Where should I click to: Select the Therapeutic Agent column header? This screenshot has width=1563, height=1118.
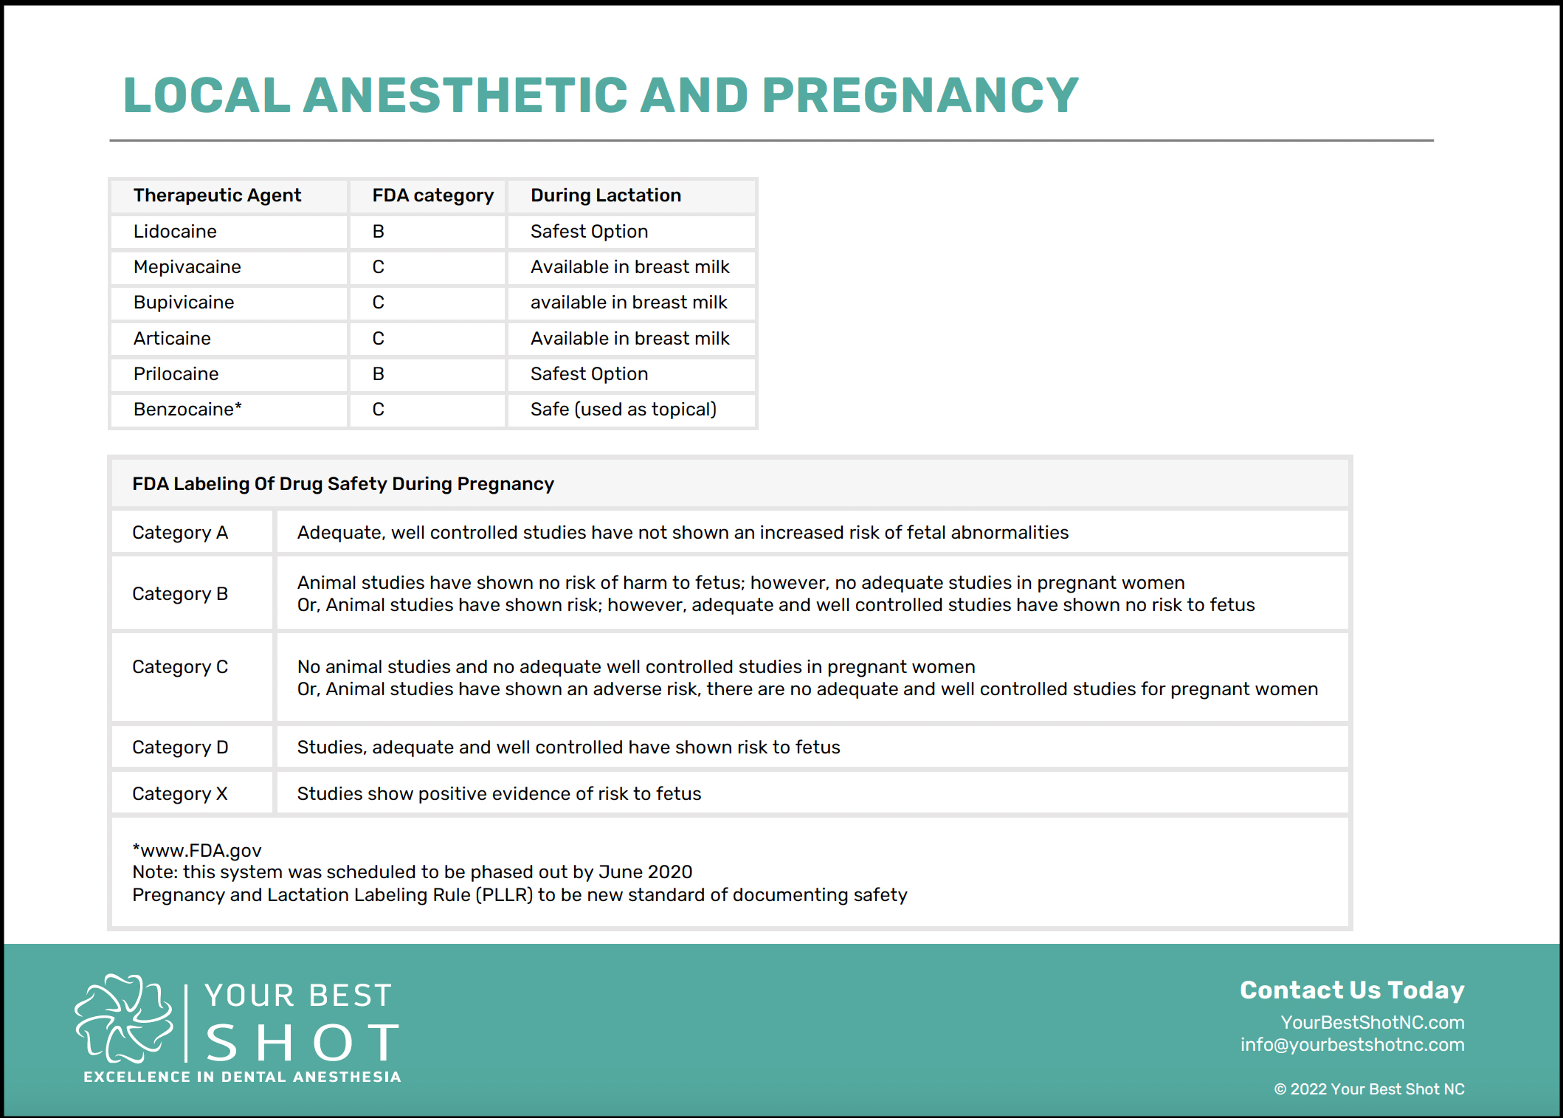(x=217, y=196)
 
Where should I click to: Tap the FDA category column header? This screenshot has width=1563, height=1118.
(x=432, y=196)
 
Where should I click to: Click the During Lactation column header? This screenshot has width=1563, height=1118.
(x=605, y=196)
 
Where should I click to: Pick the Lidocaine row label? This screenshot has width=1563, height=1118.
(x=175, y=232)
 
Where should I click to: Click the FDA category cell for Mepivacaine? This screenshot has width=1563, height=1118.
(x=378, y=267)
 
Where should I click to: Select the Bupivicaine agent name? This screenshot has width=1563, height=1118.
(x=184, y=303)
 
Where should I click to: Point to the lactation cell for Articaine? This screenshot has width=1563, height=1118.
(x=629, y=339)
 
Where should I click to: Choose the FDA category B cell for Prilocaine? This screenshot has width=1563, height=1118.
(x=378, y=374)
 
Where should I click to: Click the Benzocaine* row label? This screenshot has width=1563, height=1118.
(x=187, y=410)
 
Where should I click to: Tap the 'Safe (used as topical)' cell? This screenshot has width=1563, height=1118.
(x=623, y=410)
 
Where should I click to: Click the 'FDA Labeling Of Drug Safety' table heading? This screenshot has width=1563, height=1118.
(x=342, y=484)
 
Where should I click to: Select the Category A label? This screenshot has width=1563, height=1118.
(x=180, y=533)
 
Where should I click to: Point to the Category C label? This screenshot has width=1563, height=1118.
(x=180, y=667)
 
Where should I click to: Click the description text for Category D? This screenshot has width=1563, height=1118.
(x=568, y=748)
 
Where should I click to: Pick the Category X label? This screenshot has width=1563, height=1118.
(x=180, y=794)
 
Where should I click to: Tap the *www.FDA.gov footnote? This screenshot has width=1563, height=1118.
(x=197, y=851)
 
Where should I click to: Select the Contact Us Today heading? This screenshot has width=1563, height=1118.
(x=1352, y=990)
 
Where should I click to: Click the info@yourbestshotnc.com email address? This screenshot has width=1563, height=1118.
(x=1352, y=1045)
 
